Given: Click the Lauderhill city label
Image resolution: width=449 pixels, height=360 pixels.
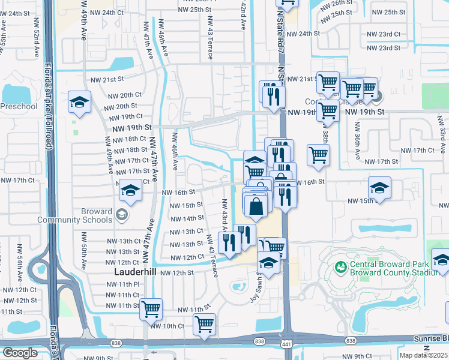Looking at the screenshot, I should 135,271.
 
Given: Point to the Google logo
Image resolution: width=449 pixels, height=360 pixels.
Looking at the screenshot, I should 20,353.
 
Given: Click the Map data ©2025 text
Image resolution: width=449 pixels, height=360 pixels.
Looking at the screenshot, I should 424,355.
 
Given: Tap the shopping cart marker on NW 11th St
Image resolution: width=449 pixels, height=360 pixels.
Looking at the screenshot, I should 151,309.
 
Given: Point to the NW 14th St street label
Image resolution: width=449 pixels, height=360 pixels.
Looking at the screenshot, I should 187,218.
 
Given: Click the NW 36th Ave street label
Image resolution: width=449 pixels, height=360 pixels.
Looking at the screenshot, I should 357,142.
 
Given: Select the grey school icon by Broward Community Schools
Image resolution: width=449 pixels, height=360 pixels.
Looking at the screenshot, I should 121,215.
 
